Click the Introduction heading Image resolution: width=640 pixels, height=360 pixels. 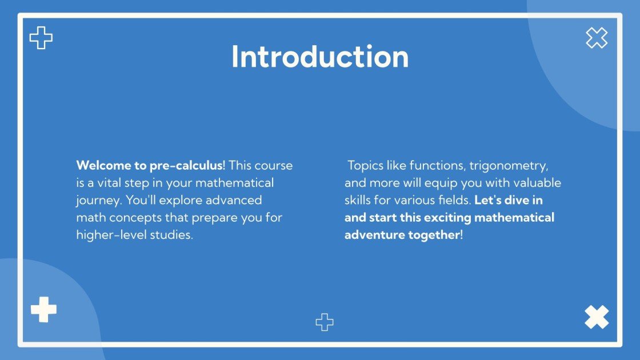(x=320, y=57)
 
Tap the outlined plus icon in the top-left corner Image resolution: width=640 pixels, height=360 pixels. (x=41, y=38)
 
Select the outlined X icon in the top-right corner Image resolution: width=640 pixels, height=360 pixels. (x=597, y=38)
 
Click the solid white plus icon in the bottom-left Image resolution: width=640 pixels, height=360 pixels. (x=43, y=310)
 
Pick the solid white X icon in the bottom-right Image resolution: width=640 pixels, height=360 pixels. (x=597, y=317)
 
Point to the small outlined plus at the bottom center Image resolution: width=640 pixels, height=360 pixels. (x=325, y=322)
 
